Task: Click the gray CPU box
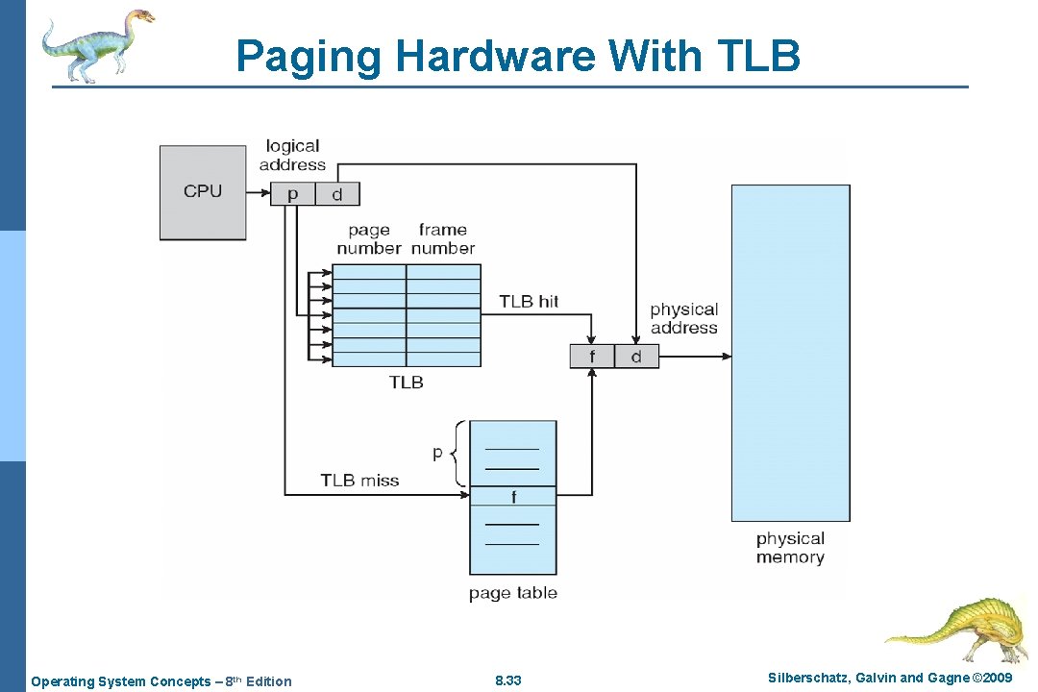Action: click(203, 192)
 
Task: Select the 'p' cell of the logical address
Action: click(293, 194)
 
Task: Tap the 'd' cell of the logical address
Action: click(336, 194)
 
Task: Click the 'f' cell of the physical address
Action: click(592, 357)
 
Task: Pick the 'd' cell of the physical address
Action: click(636, 357)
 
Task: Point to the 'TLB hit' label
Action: click(529, 302)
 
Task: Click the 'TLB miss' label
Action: click(359, 481)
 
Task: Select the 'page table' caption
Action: click(512, 593)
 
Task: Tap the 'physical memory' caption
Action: click(790, 548)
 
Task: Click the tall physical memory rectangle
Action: click(790, 353)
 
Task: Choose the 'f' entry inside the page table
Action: click(513, 497)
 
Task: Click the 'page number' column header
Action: click(369, 239)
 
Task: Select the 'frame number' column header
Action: click(443, 239)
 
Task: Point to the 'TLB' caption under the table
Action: click(406, 383)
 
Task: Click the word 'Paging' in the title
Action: click(309, 56)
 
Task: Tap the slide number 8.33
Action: click(507, 680)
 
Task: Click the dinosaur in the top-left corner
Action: click(96, 43)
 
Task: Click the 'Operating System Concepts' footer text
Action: click(120, 681)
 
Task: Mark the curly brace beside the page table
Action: click(458, 453)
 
